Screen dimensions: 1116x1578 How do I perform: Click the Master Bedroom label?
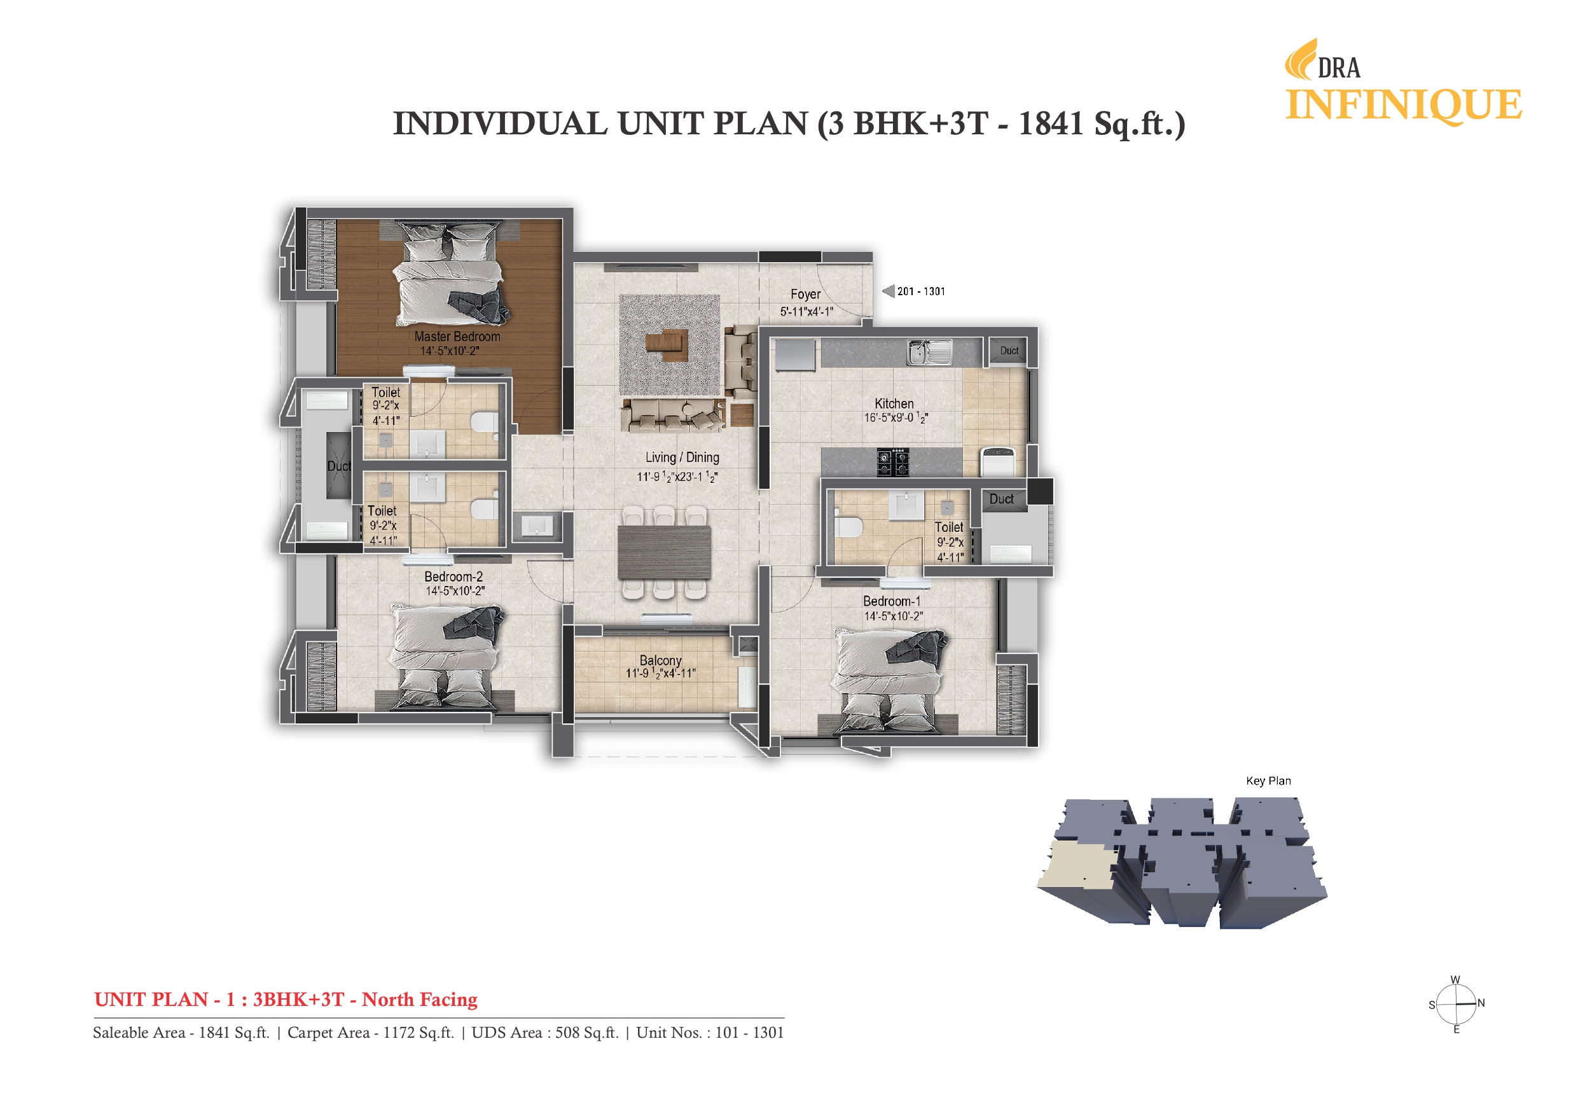tap(457, 336)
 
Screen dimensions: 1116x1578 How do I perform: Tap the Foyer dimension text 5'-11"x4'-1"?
tap(806, 312)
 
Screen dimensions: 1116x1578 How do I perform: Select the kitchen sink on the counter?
tap(929, 352)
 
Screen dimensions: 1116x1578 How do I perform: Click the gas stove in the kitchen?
tap(893, 462)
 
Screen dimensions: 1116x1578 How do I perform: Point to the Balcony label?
tap(660, 660)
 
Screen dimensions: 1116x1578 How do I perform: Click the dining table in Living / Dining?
tap(664, 552)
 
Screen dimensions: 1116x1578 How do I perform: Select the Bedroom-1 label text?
tap(892, 601)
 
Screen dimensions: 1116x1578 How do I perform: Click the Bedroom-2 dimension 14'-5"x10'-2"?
tap(455, 590)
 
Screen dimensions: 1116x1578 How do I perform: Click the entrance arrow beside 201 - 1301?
tap(888, 291)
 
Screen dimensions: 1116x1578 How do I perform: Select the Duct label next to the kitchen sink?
tap(1009, 351)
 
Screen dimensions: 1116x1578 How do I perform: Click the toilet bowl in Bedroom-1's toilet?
tap(847, 526)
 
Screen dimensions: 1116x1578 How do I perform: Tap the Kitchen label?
tap(894, 403)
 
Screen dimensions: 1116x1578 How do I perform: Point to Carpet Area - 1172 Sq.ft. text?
tap(370, 1032)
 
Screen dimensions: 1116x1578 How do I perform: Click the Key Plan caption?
tap(1268, 781)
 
